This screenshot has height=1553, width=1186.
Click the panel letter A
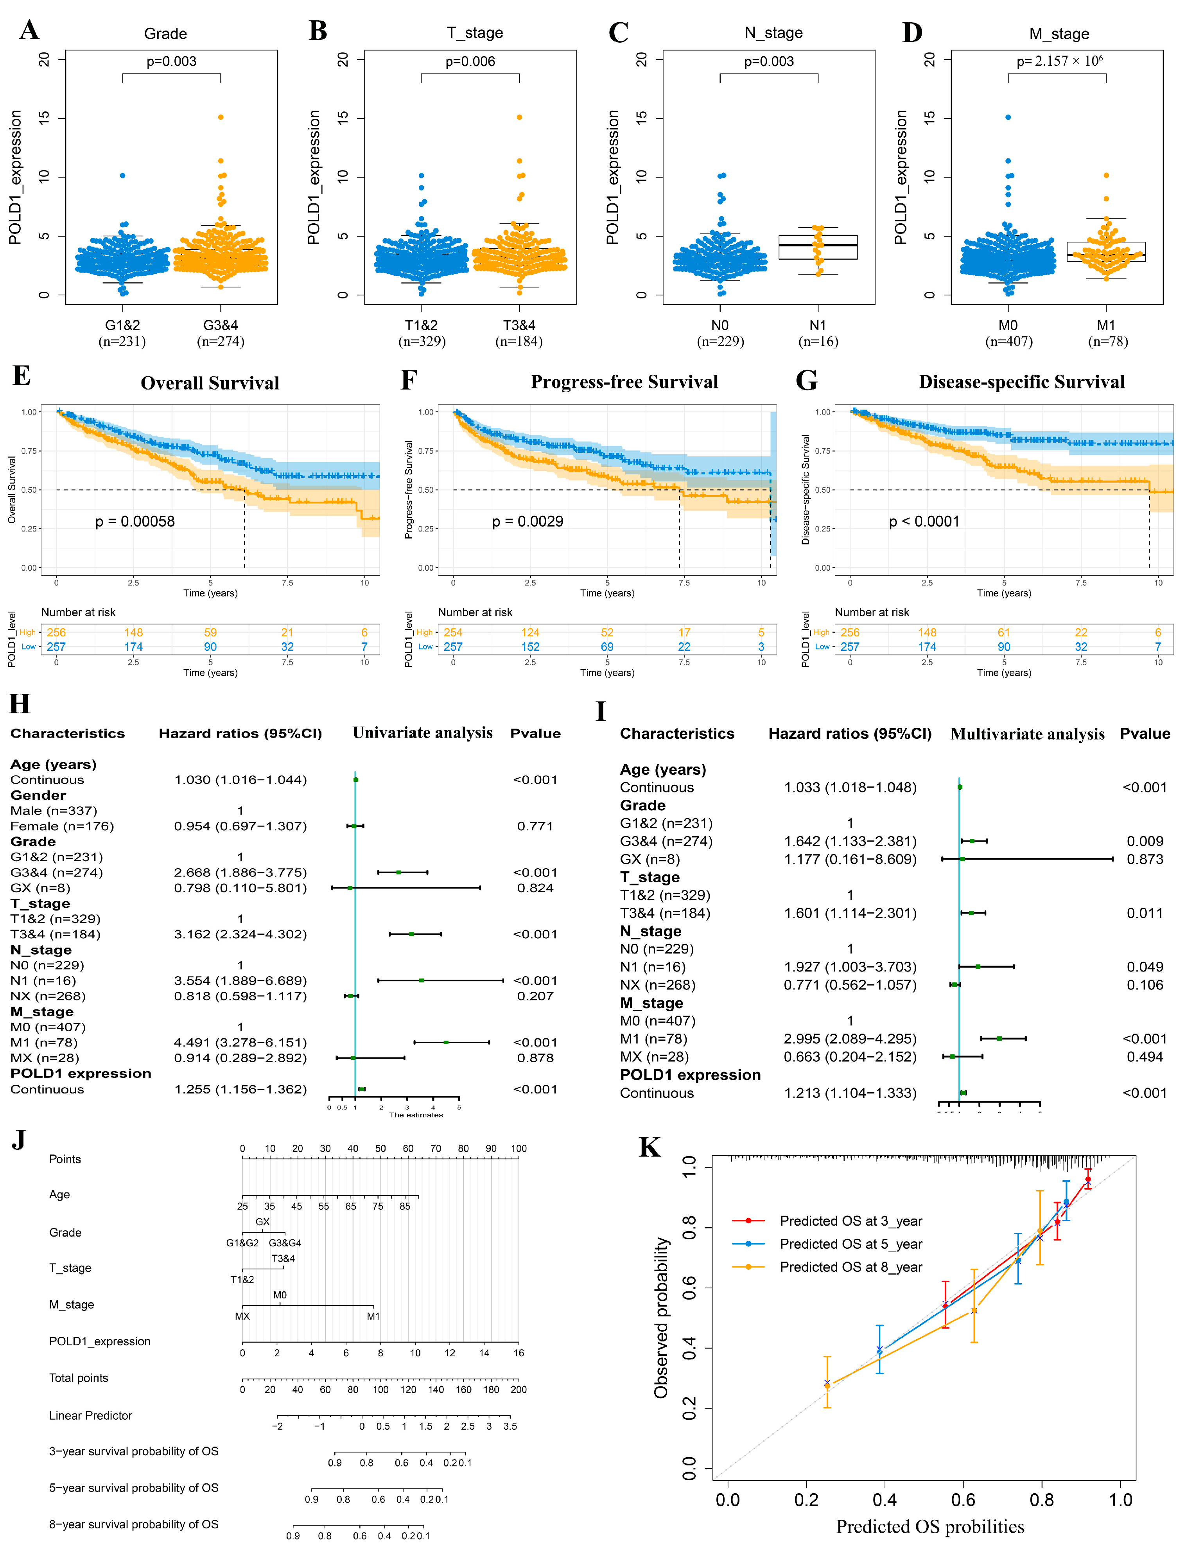(29, 31)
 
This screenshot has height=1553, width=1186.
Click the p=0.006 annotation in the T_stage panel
(470, 61)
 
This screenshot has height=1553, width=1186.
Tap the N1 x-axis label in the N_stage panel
(818, 325)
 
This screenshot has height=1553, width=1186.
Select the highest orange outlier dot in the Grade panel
(221, 117)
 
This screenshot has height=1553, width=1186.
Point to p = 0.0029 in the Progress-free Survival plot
(528, 522)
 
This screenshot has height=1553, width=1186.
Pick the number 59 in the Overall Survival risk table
(210, 632)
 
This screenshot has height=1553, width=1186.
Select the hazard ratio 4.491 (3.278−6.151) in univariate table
(240, 1043)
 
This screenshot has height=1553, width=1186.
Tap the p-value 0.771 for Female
(535, 826)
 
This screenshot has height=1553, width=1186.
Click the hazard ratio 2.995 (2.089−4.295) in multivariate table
(850, 1038)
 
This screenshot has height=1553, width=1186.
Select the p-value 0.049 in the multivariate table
(1144, 966)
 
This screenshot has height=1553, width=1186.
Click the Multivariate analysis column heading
(1027, 734)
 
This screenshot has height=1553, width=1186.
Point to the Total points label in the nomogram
(78, 1378)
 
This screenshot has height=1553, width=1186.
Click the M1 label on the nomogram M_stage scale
(373, 1316)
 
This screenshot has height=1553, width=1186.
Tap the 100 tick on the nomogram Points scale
(519, 1149)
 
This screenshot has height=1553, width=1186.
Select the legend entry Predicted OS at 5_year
(850, 1244)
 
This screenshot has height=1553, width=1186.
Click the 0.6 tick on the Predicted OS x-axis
(963, 1500)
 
